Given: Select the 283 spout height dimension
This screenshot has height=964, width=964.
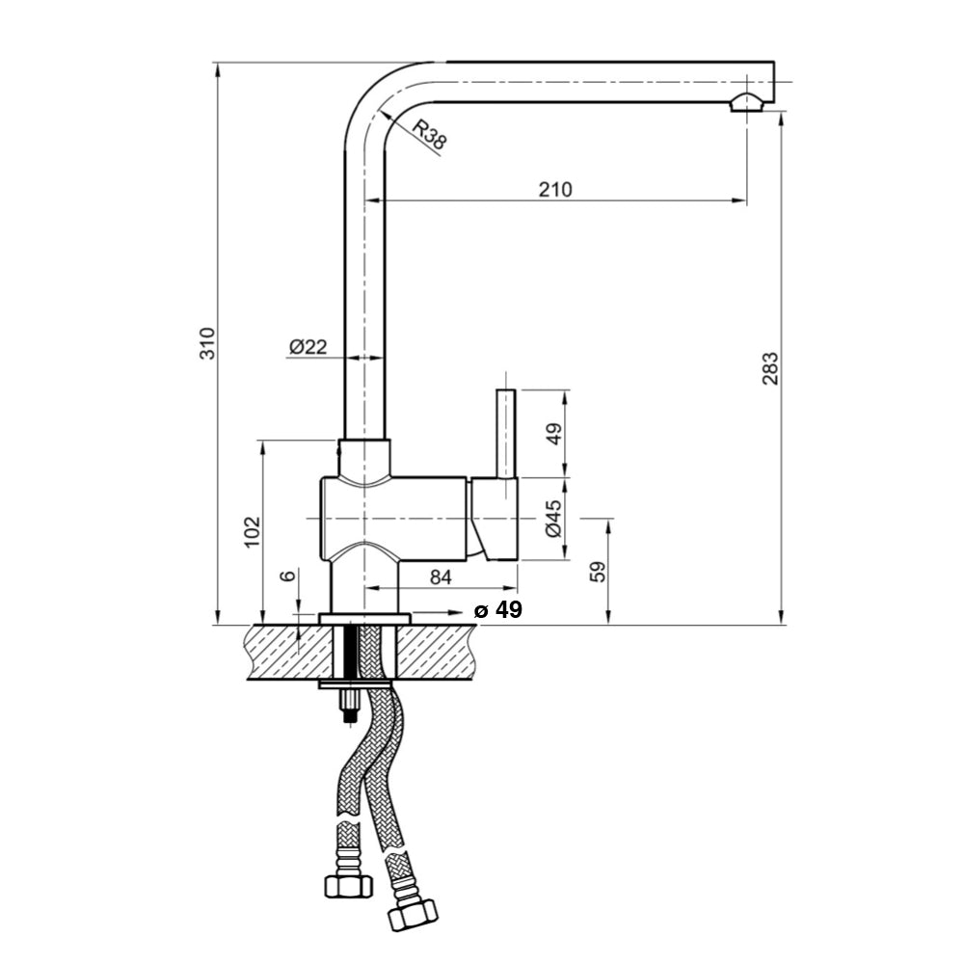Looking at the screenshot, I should (x=769, y=369).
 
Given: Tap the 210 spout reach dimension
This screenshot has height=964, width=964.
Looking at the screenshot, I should (x=555, y=189).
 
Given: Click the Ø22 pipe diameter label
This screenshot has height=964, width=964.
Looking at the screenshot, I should (x=308, y=346).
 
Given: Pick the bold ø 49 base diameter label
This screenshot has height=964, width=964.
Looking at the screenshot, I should (x=498, y=610).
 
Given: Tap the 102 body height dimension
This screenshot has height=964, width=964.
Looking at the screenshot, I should (x=252, y=531).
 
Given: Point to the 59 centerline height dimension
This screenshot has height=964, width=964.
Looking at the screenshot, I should (x=598, y=572).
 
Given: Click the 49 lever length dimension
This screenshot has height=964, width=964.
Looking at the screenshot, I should (x=552, y=434).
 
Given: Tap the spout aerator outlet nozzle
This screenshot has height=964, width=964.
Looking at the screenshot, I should (x=749, y=104).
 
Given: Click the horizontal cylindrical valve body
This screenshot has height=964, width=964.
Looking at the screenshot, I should (x=395, y=518).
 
